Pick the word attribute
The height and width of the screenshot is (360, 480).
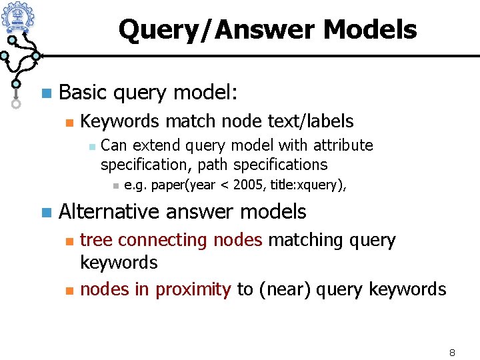[x=343, y=145]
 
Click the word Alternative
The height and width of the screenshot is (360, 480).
[x=109, y=212]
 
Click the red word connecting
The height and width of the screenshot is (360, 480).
[x=157, y=240]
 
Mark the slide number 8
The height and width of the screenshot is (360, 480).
[x=451, y=351]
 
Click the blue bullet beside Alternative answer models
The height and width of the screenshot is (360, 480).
[x=45, y=213]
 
